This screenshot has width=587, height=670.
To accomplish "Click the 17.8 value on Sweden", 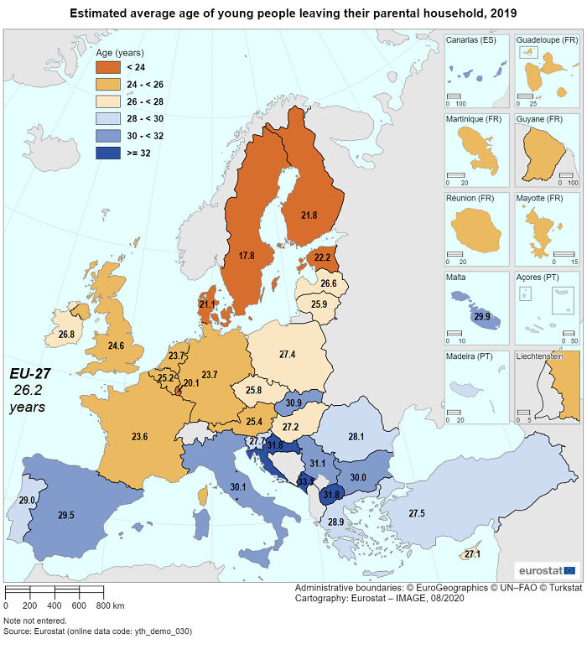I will (x=246, y=255).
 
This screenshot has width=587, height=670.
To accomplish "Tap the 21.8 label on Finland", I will (x=309, y=216).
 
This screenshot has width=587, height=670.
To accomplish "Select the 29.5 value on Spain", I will (x=66, y=515).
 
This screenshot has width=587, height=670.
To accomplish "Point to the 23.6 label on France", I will (x=139, y=436).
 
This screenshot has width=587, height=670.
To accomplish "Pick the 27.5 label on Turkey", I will (x=416, y=513).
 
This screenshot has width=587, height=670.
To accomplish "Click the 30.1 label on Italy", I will (x=238, y=486).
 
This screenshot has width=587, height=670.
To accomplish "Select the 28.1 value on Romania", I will (x=356, y=436).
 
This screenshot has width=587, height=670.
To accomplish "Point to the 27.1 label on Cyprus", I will (x=472, y=554).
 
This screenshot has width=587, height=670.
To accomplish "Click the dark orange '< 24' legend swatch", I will (x=109, y=67).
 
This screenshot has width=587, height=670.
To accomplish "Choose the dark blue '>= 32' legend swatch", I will (x=109, y=153).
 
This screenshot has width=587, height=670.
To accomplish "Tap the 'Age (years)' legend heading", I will (x=118, y=52).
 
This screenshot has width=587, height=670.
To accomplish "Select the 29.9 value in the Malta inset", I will (x=481, y=316).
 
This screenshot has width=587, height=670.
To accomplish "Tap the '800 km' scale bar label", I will (x=111, y=605).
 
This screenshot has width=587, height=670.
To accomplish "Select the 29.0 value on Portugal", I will (x=27, y=500).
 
